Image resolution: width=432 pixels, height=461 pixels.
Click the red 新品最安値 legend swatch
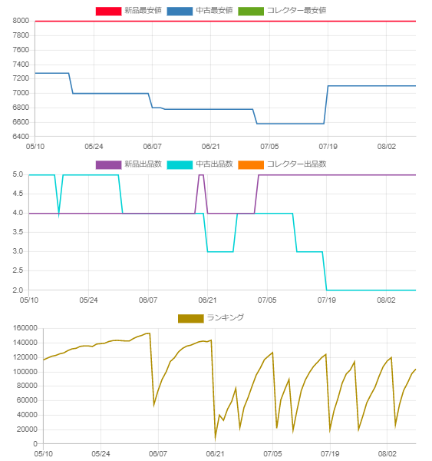(108, 12)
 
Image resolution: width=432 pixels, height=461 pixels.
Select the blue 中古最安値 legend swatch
(180, 12)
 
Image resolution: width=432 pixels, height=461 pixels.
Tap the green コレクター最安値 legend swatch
(251, 12)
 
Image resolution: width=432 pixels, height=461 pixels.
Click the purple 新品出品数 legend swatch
(108, 165)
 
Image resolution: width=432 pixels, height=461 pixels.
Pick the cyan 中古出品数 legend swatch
(180, 165)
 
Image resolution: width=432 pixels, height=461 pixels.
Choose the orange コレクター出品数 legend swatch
(251, 165)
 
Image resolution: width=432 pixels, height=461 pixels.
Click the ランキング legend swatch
(191, 318)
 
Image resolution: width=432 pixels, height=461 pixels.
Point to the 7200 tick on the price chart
(21, 78)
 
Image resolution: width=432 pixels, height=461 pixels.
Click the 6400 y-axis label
(21, 137)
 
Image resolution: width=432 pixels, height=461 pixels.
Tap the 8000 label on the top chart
(21, 21)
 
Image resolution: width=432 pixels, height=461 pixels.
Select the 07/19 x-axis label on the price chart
(328, 147)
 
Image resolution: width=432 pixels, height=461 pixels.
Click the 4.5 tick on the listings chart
(18, 194)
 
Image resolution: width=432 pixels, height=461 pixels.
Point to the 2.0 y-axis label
(18, 290)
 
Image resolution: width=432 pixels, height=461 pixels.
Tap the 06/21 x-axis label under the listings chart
(207, 300)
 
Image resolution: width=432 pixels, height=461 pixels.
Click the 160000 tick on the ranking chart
(25, 328)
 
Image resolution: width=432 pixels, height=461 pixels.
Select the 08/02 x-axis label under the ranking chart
(387, 453)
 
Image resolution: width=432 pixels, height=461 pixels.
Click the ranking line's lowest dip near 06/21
(216, 439)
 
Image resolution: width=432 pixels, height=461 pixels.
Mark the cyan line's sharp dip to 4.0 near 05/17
(59, 214)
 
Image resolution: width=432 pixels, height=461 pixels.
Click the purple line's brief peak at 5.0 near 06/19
(201, 175)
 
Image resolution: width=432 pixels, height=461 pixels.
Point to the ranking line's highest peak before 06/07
(150, 333)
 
